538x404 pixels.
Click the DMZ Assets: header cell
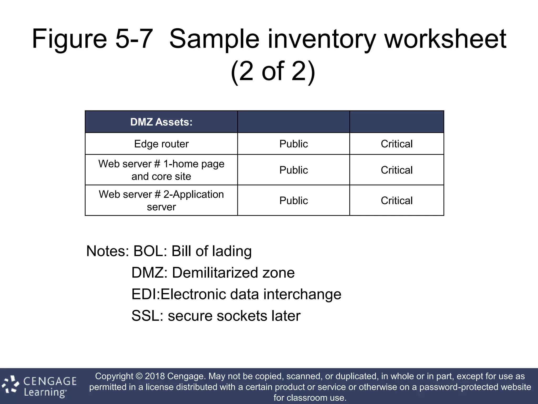(161, 122)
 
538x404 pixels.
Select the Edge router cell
(161, 144)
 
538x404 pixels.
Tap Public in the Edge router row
(293, 144)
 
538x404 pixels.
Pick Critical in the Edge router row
(397, 144)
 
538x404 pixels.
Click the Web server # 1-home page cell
(161, 170)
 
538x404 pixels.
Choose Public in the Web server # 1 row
(293, 170)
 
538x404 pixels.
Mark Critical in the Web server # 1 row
(397, 170)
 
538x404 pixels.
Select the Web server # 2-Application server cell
(161, 200)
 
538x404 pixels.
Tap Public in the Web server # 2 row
(293, 200)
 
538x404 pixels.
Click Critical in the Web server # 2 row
(397, 200)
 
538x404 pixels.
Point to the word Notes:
(107, 251)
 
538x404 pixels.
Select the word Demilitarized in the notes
(215, 273)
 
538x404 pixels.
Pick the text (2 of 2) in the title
(273, 71)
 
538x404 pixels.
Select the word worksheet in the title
(445, 39)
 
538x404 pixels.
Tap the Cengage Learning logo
(39, 386)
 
